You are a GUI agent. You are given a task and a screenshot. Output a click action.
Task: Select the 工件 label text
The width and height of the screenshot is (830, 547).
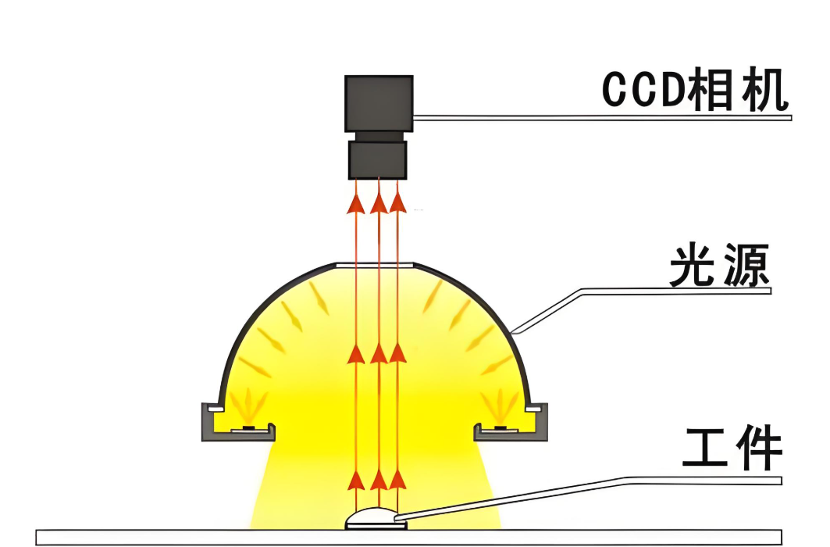point(732,449)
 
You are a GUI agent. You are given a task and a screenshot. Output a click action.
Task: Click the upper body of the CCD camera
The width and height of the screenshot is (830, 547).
point(379,103)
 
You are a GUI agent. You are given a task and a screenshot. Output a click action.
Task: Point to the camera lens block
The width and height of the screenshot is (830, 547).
point(378,159)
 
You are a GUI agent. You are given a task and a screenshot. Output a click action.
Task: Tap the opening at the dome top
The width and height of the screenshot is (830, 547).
point(376,265)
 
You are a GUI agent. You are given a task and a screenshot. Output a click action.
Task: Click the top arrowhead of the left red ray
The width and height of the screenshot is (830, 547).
point(356,203)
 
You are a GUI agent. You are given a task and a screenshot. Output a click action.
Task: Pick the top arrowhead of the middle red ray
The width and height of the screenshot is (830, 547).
point(379,203)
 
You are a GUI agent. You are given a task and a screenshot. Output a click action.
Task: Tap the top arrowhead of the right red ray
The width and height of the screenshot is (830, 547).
point(398,203)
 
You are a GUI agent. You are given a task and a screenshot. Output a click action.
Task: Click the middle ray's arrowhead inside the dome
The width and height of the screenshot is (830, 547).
point(379,354)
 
